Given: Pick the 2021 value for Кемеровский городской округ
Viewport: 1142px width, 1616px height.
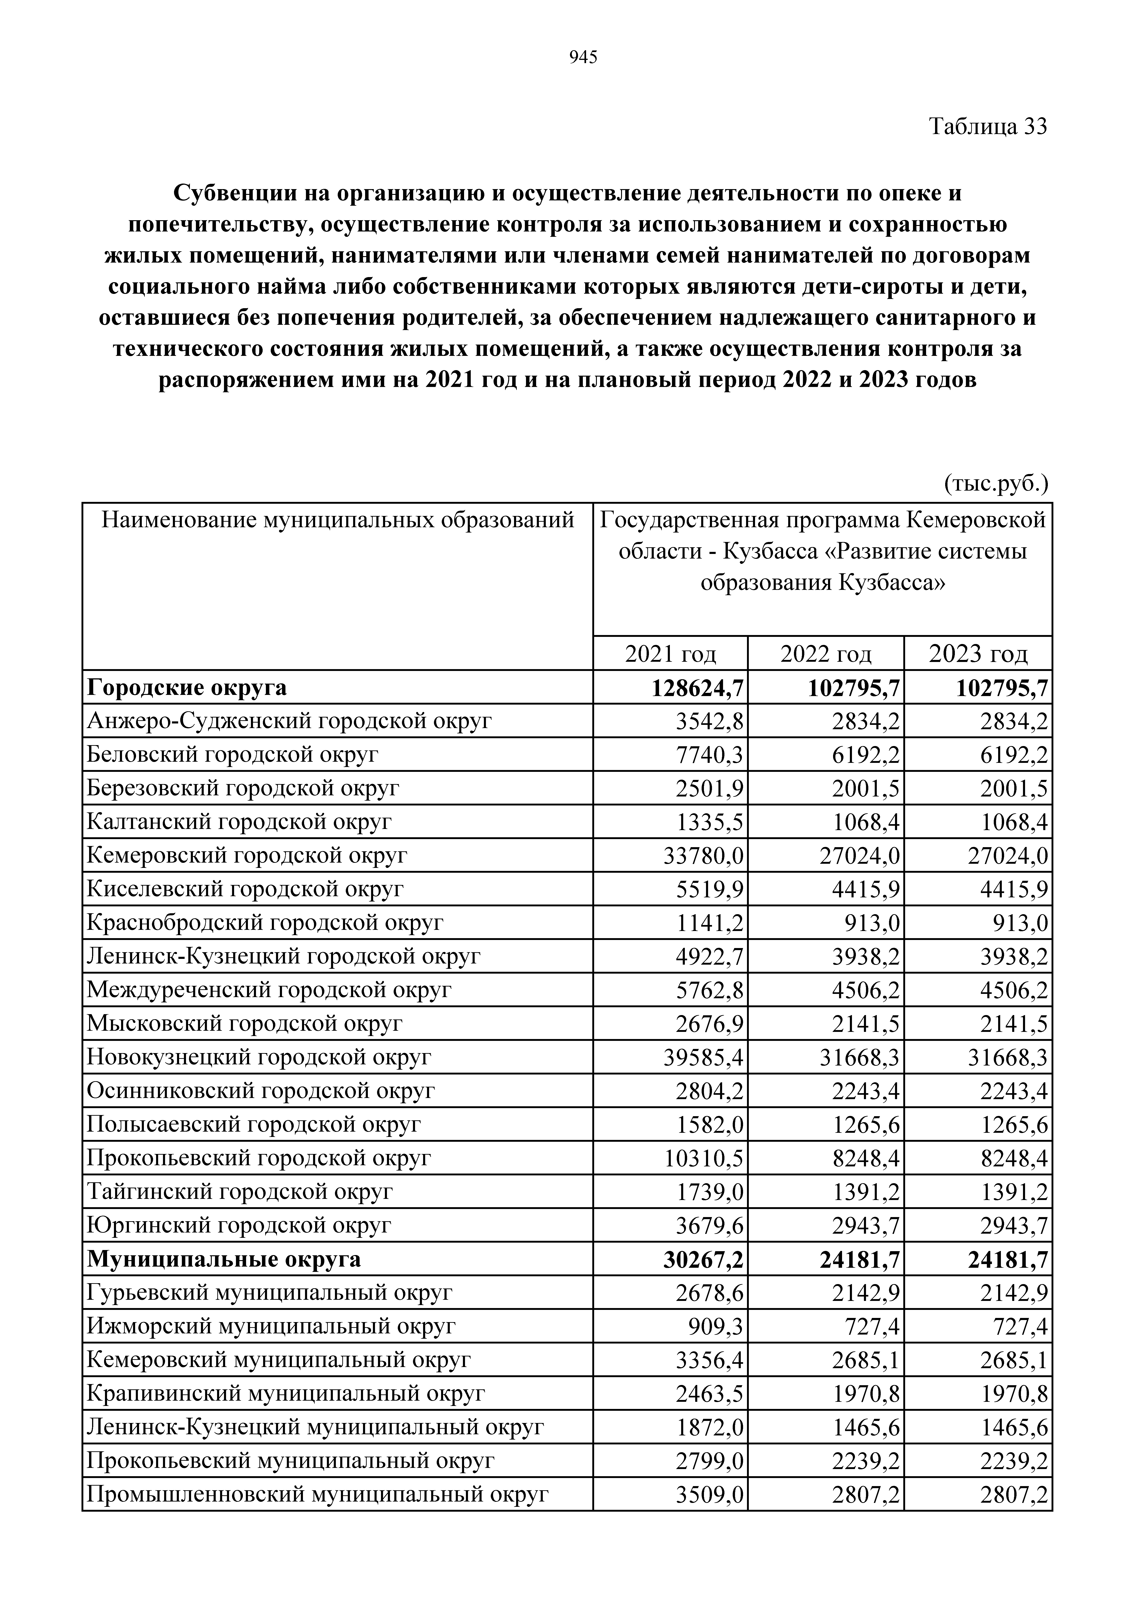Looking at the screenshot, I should click(704, 856).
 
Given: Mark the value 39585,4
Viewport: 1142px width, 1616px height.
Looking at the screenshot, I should click(704, 1057).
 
